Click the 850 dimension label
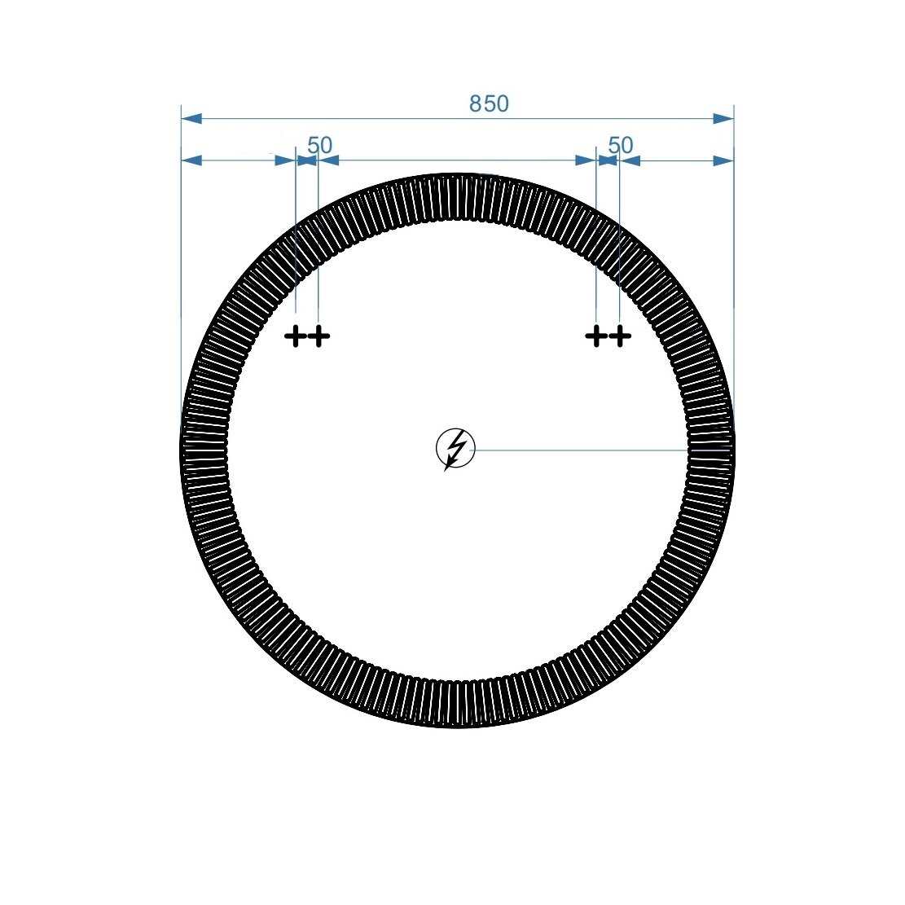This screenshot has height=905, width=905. pyautogui.click(x=489, y=104)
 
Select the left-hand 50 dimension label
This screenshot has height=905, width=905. pyautogui.click(x=320, y=145)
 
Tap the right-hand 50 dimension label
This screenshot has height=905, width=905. pyautogui.click(x=621, y=145)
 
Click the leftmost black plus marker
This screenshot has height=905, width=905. pyautogui.click(x=295, y=336)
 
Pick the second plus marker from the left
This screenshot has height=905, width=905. pyautogui.click(x=319, y=336)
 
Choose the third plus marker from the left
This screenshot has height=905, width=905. pyautogui.click(x=596, y=336)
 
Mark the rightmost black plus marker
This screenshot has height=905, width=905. pyautogui.click(x=620, y=336)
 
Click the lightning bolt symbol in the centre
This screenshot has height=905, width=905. pyautogui.click(x=455, y=449)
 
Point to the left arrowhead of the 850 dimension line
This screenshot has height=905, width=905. pyautogui.click(x=191, y=119)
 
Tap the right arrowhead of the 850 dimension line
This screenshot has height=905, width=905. pyautogui.click(x=723, y=119)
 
